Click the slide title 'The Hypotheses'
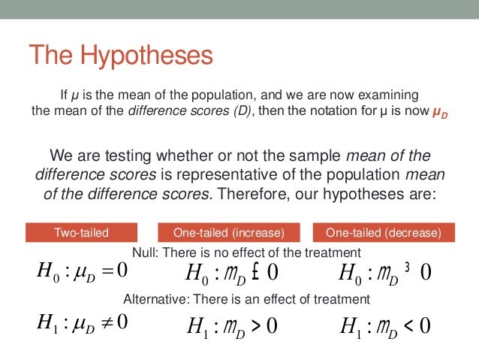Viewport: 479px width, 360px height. (x=121, y=55)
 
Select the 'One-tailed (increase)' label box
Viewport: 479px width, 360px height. (x=229, y=232)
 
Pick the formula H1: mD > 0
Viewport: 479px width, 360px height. (x=232, y=325)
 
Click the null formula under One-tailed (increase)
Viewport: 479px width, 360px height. (x=232, y=271)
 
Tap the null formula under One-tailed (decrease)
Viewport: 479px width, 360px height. (x=385, y=271)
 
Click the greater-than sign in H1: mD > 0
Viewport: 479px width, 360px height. (x=256, y=325)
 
